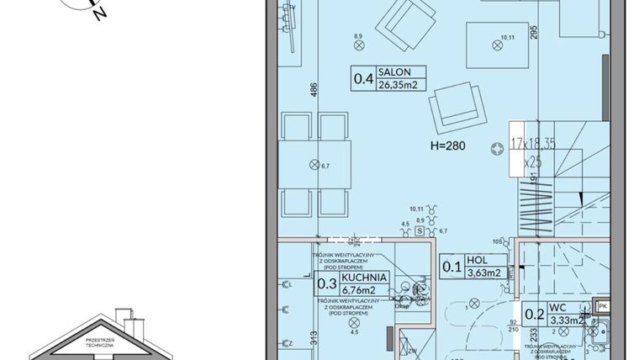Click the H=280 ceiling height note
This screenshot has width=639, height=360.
(x=447, y=146)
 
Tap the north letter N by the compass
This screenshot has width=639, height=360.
(x=100, y=14)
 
